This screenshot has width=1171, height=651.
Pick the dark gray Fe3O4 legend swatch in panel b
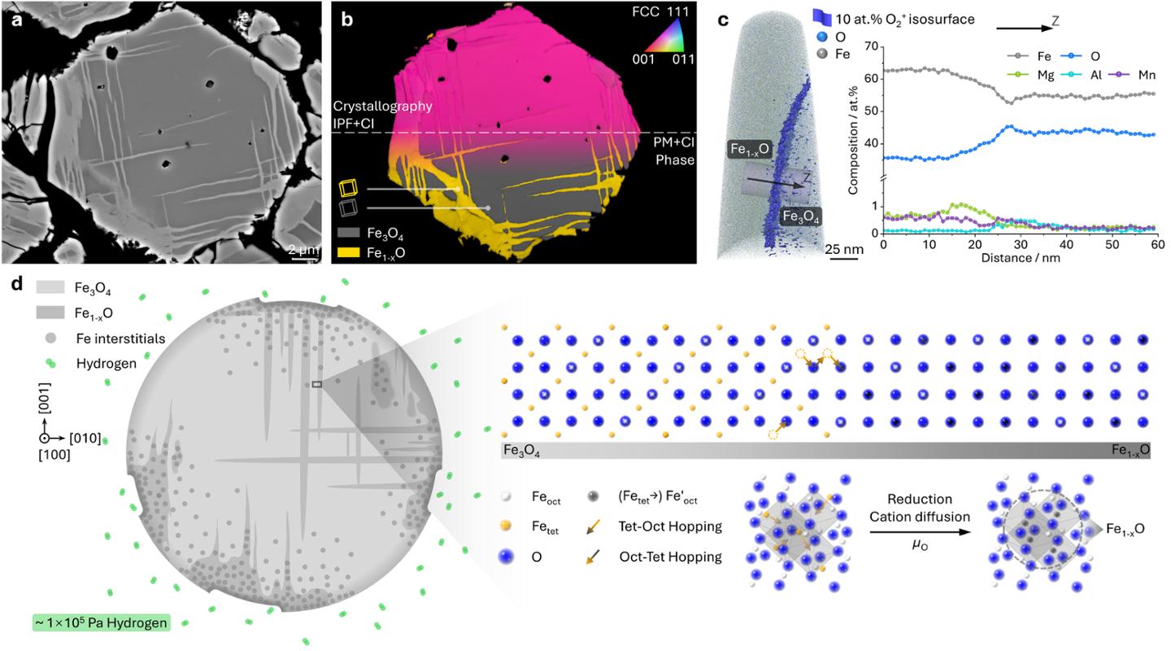[348, 233]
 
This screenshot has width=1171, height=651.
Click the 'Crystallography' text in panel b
[383, 107]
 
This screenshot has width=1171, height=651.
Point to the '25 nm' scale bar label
[844, 250]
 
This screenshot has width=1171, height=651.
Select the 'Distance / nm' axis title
[1021, 257]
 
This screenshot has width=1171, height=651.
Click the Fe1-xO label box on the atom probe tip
[749, 149]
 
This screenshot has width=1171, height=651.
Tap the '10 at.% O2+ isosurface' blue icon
[821, 19]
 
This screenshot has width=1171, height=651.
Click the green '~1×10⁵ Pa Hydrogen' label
[101, 623]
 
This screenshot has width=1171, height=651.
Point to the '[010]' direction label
[85, 438]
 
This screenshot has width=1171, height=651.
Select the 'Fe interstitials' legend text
[120, 339]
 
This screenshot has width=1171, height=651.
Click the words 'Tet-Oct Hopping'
[670, 526]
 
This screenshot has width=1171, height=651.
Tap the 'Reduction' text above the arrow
[920, 499]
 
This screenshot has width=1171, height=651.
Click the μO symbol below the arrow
[920, 547]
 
